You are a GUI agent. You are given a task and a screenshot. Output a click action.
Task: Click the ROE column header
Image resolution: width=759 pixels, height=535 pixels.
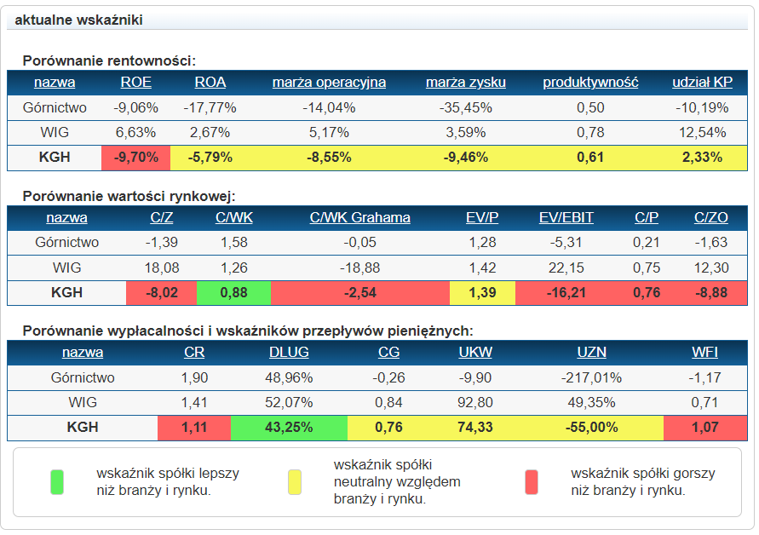(136, 83)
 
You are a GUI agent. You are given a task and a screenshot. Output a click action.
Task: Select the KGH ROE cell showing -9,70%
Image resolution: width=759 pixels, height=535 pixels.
(136, 158)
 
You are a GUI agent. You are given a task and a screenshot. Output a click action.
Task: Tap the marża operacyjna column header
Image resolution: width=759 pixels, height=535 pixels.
(329, 83)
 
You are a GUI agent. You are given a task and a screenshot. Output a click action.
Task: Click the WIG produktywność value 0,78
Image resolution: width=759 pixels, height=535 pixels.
(590, 132)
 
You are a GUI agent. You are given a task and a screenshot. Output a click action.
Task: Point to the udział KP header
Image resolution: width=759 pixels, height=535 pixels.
(702, 83)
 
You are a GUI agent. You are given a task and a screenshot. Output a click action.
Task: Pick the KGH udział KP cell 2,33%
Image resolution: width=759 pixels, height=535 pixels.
(702, 158)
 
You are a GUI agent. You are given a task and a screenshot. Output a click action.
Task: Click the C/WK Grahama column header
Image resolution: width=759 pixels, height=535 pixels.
(359, 217)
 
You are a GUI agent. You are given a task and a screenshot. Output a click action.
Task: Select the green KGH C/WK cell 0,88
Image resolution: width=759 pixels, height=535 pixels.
(233, 292)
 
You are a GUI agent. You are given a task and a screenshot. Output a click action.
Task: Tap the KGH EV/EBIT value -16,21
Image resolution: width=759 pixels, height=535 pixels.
(566, 292)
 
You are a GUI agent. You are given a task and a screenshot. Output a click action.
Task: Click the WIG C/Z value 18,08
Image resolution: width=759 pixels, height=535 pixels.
(162, 267)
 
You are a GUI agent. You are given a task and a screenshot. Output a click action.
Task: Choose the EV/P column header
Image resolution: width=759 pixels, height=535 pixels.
(482, 217)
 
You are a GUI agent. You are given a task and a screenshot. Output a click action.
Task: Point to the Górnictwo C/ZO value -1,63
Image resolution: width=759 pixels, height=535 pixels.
(710, 242)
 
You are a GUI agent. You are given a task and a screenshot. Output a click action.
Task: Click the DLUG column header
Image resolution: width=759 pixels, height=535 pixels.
(289, 352)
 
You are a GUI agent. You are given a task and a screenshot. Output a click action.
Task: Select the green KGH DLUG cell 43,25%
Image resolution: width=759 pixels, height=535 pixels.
(289, 428)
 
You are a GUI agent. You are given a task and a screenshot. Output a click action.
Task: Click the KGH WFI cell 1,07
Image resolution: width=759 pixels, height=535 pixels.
(704, 428)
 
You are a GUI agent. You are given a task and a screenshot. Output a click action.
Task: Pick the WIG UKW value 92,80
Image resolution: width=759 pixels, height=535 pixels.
(474, 402)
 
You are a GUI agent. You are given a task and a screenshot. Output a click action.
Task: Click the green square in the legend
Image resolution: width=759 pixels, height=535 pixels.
(57, 481)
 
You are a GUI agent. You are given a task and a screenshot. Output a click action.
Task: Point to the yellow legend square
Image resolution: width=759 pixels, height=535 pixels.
(295, 481)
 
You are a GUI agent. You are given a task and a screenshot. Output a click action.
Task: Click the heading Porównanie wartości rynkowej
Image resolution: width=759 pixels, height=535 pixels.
(129, 196)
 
